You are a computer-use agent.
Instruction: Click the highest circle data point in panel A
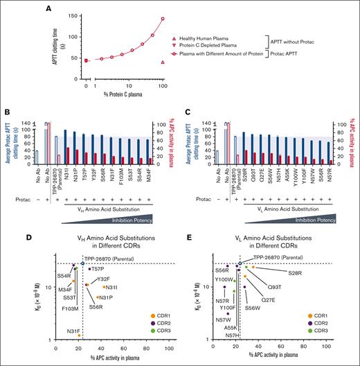[163, 19]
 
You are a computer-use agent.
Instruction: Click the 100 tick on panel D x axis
[168, 347]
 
